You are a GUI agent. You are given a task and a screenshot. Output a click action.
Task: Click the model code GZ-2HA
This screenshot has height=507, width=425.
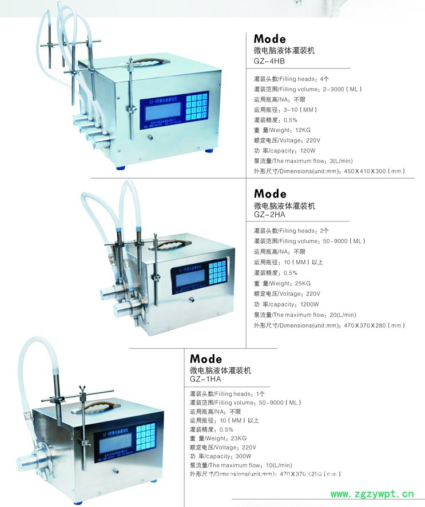(x=269, y=215)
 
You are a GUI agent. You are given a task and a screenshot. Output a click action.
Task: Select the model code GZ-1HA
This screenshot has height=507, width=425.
(x=205, y=379)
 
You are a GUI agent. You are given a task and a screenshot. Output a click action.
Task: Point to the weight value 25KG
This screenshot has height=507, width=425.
(x=301, y=283)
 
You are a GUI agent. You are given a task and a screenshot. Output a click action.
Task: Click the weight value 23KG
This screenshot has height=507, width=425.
(x=237, y=438)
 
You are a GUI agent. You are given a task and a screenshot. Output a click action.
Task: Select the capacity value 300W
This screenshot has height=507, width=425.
(x=244, y=456)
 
